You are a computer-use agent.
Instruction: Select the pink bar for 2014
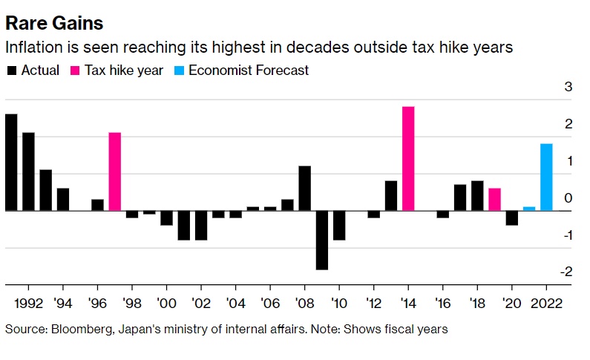[408, 159]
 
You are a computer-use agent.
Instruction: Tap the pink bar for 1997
[115, 171]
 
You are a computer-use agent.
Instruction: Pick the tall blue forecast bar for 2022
[546, 177]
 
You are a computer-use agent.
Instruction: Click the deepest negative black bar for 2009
[322, 240]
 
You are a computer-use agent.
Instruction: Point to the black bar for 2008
[304, 189]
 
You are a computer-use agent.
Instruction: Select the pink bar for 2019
[494, 200]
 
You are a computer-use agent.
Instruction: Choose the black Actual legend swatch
[11, 71]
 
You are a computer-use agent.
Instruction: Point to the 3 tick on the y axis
[568, 87]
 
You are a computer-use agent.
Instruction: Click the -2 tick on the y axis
[566, 272]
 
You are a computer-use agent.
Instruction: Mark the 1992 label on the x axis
[27, 304]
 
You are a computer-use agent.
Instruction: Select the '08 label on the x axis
[304, 304]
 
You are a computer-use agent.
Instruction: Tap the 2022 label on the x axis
[547, 304]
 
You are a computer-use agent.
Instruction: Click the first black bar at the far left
[11, 163]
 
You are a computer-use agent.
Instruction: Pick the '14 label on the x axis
[408, 304]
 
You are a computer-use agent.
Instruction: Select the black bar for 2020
[512, 218]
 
